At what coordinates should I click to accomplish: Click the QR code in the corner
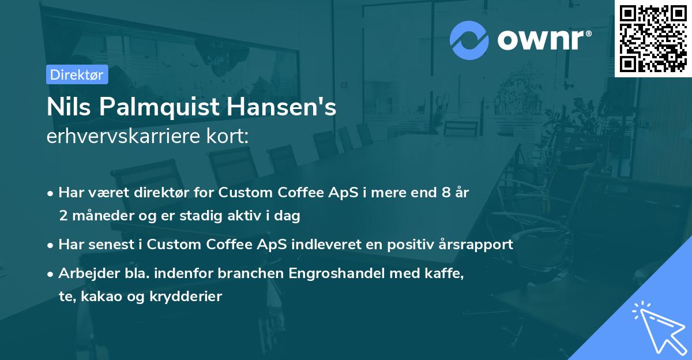pos(653,38)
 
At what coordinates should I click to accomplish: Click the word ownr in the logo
pos(542,40)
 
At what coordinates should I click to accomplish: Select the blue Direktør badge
pos(77,74)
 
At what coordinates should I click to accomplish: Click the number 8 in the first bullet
pos(446,193)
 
